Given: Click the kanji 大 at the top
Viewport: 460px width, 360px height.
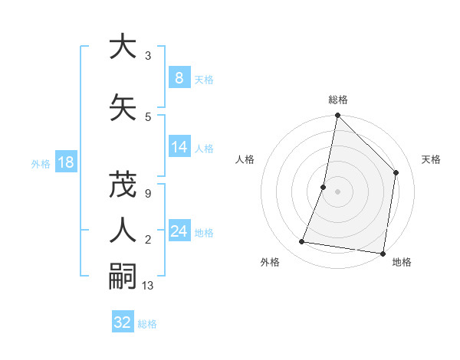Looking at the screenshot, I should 123,47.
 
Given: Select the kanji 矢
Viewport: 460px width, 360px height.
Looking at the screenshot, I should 123,106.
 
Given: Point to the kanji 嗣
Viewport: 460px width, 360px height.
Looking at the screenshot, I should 123,275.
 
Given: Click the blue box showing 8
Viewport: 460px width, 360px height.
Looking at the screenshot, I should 179,78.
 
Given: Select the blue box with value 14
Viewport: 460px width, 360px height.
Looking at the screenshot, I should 179,147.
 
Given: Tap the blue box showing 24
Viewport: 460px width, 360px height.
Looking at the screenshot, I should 179,231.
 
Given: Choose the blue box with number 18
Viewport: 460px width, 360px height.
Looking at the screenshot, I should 65,162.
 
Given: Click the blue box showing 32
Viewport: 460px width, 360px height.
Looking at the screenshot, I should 123,322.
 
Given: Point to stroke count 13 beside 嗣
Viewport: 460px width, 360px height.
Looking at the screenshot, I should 149,286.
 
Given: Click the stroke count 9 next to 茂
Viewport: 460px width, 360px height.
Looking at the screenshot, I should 147,194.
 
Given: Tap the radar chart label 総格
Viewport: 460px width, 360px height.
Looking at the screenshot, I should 338,100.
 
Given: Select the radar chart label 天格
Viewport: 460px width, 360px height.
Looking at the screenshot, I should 431,159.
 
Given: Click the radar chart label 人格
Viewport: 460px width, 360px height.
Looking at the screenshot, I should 245,159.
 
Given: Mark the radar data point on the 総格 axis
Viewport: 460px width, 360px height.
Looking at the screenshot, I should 337,116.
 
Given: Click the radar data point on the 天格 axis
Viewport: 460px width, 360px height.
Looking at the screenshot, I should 396,172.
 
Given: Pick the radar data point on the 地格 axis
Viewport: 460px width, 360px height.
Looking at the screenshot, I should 383,254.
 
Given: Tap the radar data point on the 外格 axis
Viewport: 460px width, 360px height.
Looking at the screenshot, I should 302,242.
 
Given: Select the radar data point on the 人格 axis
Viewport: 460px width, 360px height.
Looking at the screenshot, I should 324,187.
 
